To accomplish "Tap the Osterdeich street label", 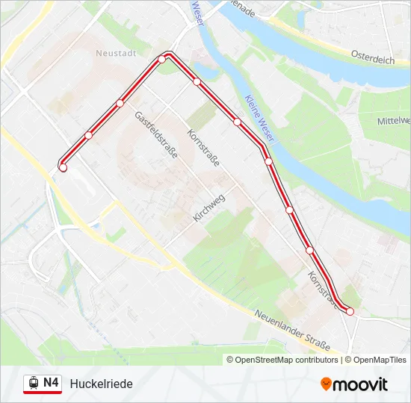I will pos(372,57).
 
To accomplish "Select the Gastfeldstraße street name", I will pos(155,135).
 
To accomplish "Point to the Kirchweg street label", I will pos(208,208).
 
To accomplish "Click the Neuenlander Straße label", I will pos(291,331).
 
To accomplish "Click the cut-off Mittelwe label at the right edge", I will pos(394,120).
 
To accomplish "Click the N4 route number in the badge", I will pos(51,383).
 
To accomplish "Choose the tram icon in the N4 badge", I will pos(33,384).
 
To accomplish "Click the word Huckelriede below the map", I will pos(101,384).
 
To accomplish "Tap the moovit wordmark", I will pos(360,384).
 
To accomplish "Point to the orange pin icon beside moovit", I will pos(326,384).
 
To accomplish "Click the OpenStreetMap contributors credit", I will pos(287,360).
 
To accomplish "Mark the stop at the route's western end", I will pos(63,168).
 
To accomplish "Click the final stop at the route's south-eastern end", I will pos(350,311).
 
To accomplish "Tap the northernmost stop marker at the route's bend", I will pos(161,59).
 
